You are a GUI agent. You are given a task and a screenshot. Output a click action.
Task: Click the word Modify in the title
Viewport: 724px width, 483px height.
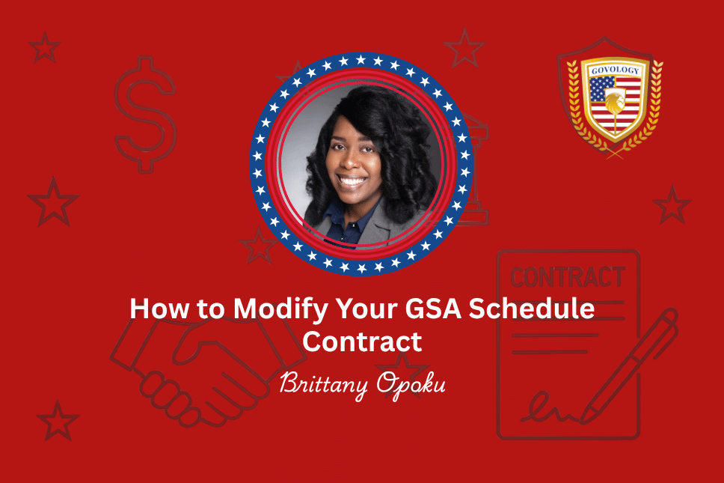(282, 309)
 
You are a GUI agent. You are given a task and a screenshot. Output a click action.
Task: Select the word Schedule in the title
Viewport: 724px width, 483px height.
(532, 309)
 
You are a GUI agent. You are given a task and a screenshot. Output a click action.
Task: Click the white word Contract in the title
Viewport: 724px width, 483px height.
(362, 341)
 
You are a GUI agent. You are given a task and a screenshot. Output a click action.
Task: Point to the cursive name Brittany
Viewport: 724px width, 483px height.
(324, 385)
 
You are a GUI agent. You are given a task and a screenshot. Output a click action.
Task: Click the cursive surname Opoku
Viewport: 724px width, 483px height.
(411, 385)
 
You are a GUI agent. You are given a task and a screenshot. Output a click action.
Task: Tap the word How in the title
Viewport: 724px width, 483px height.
(159, 309)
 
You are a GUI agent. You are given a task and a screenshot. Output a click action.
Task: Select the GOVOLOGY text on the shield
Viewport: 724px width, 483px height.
(616, 70)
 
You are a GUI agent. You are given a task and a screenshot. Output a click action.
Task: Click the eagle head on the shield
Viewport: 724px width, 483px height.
(613, 102)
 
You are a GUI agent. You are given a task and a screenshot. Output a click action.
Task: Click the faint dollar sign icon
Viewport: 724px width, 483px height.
(145, 114)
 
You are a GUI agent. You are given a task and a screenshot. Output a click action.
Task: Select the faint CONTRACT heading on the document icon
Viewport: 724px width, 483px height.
(568, 277)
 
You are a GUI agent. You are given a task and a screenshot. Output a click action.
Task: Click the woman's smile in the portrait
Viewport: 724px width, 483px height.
(352, 180)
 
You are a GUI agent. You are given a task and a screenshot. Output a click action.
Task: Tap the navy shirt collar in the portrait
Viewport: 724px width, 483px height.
(352, 222)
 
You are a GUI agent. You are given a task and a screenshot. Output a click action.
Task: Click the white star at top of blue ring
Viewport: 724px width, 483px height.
(361, 60)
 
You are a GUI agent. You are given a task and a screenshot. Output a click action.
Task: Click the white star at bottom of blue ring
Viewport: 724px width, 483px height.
(362, 267)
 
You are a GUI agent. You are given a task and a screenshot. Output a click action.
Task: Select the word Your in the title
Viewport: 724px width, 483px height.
(367, 309)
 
